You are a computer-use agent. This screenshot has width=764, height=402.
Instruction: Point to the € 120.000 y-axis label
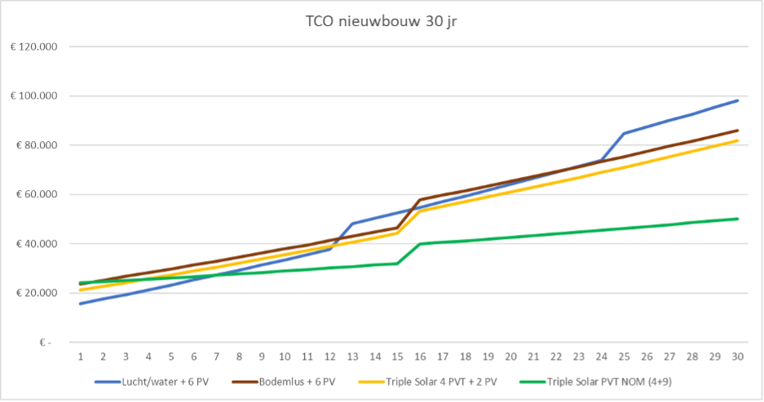[x=35, y=47]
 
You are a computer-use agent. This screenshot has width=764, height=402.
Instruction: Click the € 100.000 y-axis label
[x=35, y=96]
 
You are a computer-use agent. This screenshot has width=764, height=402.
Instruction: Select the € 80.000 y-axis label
[x=38, y=145]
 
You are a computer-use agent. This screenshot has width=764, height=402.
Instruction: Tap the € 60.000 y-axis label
[x=38, y=195]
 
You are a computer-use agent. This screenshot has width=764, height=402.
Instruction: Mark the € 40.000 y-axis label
[x=38, y=244]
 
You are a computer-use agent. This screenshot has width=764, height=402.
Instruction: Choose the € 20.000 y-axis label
[x=38, y=293]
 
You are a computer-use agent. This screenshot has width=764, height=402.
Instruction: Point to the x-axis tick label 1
[x=81, y=356]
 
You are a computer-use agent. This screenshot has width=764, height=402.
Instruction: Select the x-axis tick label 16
[x=420, y=356]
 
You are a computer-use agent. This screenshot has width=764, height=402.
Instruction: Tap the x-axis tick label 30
[x=737, y=356]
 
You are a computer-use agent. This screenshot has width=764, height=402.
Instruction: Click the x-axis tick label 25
[x=624, y=356]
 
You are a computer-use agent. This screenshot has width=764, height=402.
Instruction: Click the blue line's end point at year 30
[x=737, y=100]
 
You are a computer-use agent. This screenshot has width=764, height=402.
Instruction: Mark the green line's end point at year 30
[x=737, y=219]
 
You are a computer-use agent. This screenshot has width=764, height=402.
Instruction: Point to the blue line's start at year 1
[x=81, y=303]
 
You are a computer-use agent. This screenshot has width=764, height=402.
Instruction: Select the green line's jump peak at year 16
[x=420, y=244]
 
